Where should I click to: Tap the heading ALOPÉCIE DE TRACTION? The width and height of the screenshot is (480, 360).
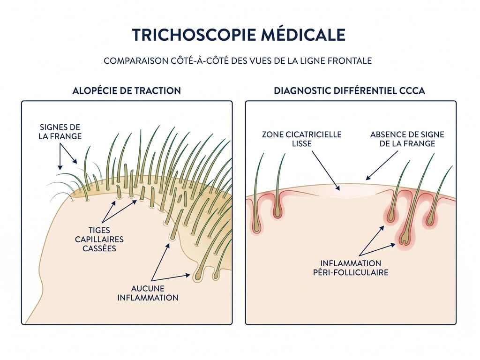127,90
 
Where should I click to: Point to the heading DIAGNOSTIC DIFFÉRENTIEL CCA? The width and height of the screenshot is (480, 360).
349,90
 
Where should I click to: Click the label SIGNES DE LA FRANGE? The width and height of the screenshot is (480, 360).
60,132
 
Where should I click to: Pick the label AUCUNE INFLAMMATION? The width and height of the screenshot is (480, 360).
148,293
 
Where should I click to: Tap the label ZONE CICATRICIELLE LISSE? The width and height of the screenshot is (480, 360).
301,139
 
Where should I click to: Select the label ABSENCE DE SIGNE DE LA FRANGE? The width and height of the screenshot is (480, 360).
407,139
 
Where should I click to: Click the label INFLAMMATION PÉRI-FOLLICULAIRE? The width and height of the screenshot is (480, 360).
354,268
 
